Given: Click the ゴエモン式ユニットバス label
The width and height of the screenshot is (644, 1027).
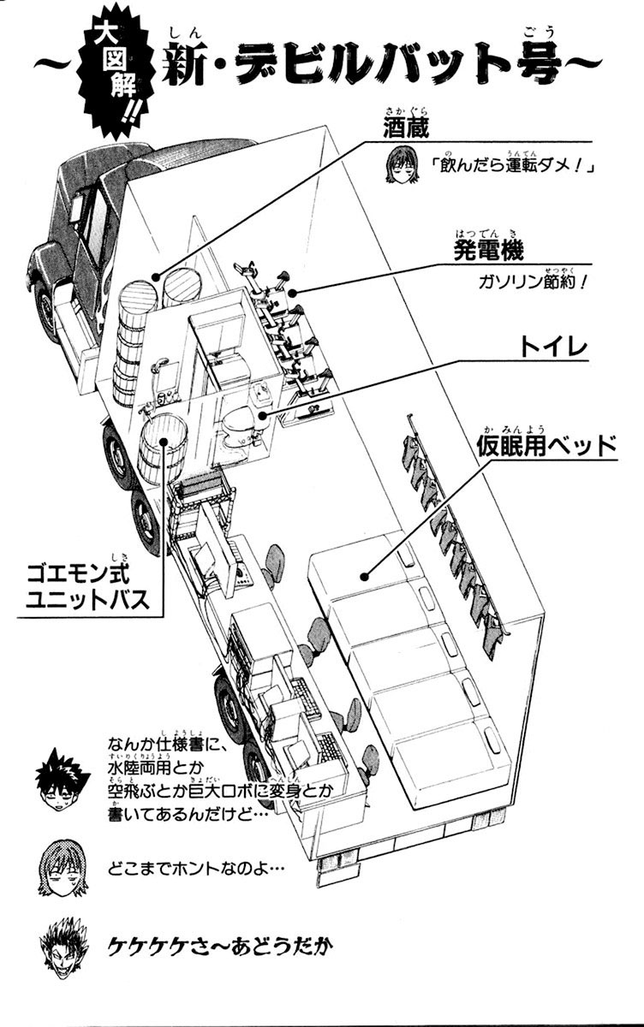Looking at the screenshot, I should click(94, 583).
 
